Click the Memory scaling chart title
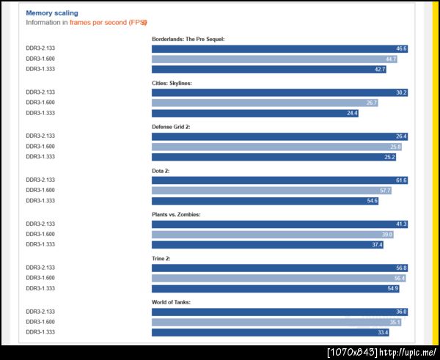[x=51, y=13]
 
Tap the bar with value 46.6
[x=279, y=48]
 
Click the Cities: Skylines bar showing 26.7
[x=265, y=103]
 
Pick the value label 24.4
[x=352, y=113]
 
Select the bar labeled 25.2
[x=274, y=157]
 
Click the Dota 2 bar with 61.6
[x=279, y=180]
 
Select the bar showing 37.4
[x=267, y=245]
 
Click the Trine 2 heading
[x=163, y=258]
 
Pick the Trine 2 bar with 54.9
[x=276, y=289]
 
